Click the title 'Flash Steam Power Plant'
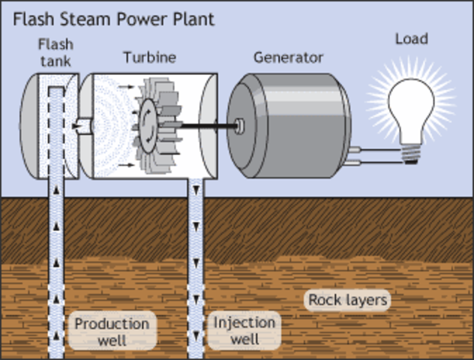tap(112, 18)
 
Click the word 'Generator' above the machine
tap(288, 58)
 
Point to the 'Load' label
tap(412, 37)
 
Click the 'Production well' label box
tap(112, 331)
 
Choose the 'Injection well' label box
tap(244, 331)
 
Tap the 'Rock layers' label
tap(349, 301)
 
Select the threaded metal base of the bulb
tap(410, 154)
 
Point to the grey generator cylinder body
tap(300, 124)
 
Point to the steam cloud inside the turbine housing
tap(109, 124)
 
